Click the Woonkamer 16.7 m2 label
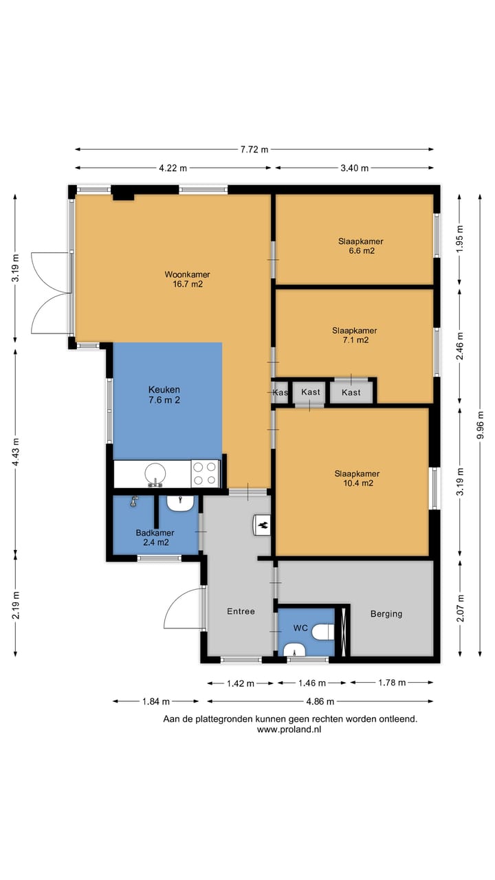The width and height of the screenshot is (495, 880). pos(188,279)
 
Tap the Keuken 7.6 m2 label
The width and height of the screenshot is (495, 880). pos(164,395)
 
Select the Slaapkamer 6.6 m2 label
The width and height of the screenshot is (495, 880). pos(361,246)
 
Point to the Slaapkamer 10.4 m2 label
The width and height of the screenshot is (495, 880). pos(357,478)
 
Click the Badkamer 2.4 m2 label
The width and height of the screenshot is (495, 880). pos(155,538)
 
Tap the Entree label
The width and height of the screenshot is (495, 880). pos(241,611)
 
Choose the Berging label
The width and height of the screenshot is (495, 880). pos(386,614)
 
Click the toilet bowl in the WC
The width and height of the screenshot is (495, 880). pos(323,632)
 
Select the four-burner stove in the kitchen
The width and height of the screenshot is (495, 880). pos(205,474)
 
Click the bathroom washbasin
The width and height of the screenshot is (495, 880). pos(180,503)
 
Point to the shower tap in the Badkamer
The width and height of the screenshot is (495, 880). pos(134,501)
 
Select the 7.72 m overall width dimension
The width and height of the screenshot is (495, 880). pos(254,149)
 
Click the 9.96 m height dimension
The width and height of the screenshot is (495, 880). pos(480,425)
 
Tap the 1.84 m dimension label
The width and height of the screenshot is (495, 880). pos(155,701)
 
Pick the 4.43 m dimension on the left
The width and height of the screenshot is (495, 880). pos(15,452)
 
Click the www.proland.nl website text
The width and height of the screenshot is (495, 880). pos(289,729)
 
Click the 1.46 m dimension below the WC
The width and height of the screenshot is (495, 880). pos(312,683)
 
